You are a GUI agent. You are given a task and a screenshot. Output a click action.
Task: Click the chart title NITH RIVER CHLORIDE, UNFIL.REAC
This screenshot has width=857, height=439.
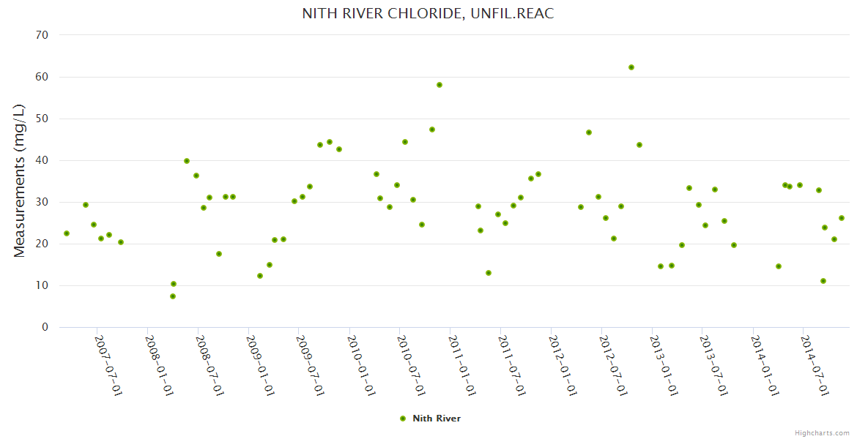(428, 14)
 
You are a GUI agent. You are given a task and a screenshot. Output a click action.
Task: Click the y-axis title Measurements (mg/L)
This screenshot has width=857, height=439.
(20, 181)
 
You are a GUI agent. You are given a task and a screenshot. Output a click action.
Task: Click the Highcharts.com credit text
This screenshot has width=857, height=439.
(822, 432)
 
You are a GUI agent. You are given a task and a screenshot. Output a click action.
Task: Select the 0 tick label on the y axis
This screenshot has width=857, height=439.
(45, 327)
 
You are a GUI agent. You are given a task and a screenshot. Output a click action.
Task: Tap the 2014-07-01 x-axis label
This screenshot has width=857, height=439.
(815, 365)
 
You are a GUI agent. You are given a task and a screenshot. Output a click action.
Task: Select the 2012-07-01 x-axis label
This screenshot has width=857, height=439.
(613, 365)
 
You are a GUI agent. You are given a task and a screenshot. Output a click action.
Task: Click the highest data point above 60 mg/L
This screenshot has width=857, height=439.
(631, 67)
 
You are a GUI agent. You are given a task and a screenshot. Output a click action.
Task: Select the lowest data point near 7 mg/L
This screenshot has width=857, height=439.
(173, 296)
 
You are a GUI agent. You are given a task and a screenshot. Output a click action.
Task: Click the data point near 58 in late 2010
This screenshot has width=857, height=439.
(439, 85)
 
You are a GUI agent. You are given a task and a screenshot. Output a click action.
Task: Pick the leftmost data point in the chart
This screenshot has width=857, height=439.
(67, 233)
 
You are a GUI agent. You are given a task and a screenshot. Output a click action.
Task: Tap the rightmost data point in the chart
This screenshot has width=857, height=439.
(842, 218)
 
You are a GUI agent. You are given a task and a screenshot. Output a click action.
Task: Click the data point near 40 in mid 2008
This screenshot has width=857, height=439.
(187, 161)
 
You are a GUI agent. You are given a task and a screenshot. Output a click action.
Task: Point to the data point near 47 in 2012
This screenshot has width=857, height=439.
(589, 132)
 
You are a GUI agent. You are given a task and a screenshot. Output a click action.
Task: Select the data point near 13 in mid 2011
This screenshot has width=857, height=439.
(489, 273)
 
